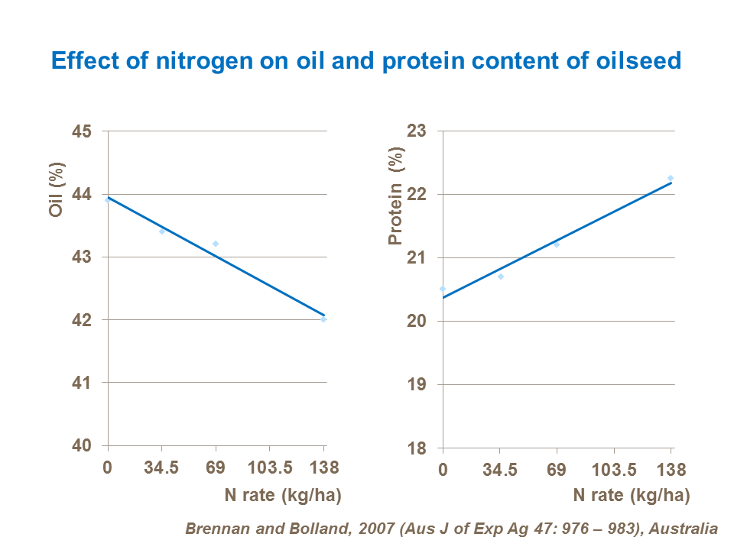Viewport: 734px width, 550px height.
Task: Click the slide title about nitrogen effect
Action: (366, 60)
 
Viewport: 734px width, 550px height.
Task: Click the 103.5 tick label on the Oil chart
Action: (269, 467)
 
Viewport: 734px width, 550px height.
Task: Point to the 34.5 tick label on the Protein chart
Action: (500, 467)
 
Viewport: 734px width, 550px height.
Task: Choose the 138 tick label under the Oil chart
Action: (324, 467)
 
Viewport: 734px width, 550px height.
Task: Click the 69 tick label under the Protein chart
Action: (557, 467)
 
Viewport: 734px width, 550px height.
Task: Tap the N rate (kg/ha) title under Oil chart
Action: (282, 495)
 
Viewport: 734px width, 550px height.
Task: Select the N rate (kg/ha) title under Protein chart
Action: (632, 495)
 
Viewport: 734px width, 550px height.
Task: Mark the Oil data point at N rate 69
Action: (216, 244)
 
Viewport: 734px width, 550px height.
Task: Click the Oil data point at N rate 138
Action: (323, 319)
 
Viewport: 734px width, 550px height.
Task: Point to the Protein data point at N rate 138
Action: (671, 178)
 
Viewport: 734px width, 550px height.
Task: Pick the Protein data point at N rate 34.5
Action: (501, 277)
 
